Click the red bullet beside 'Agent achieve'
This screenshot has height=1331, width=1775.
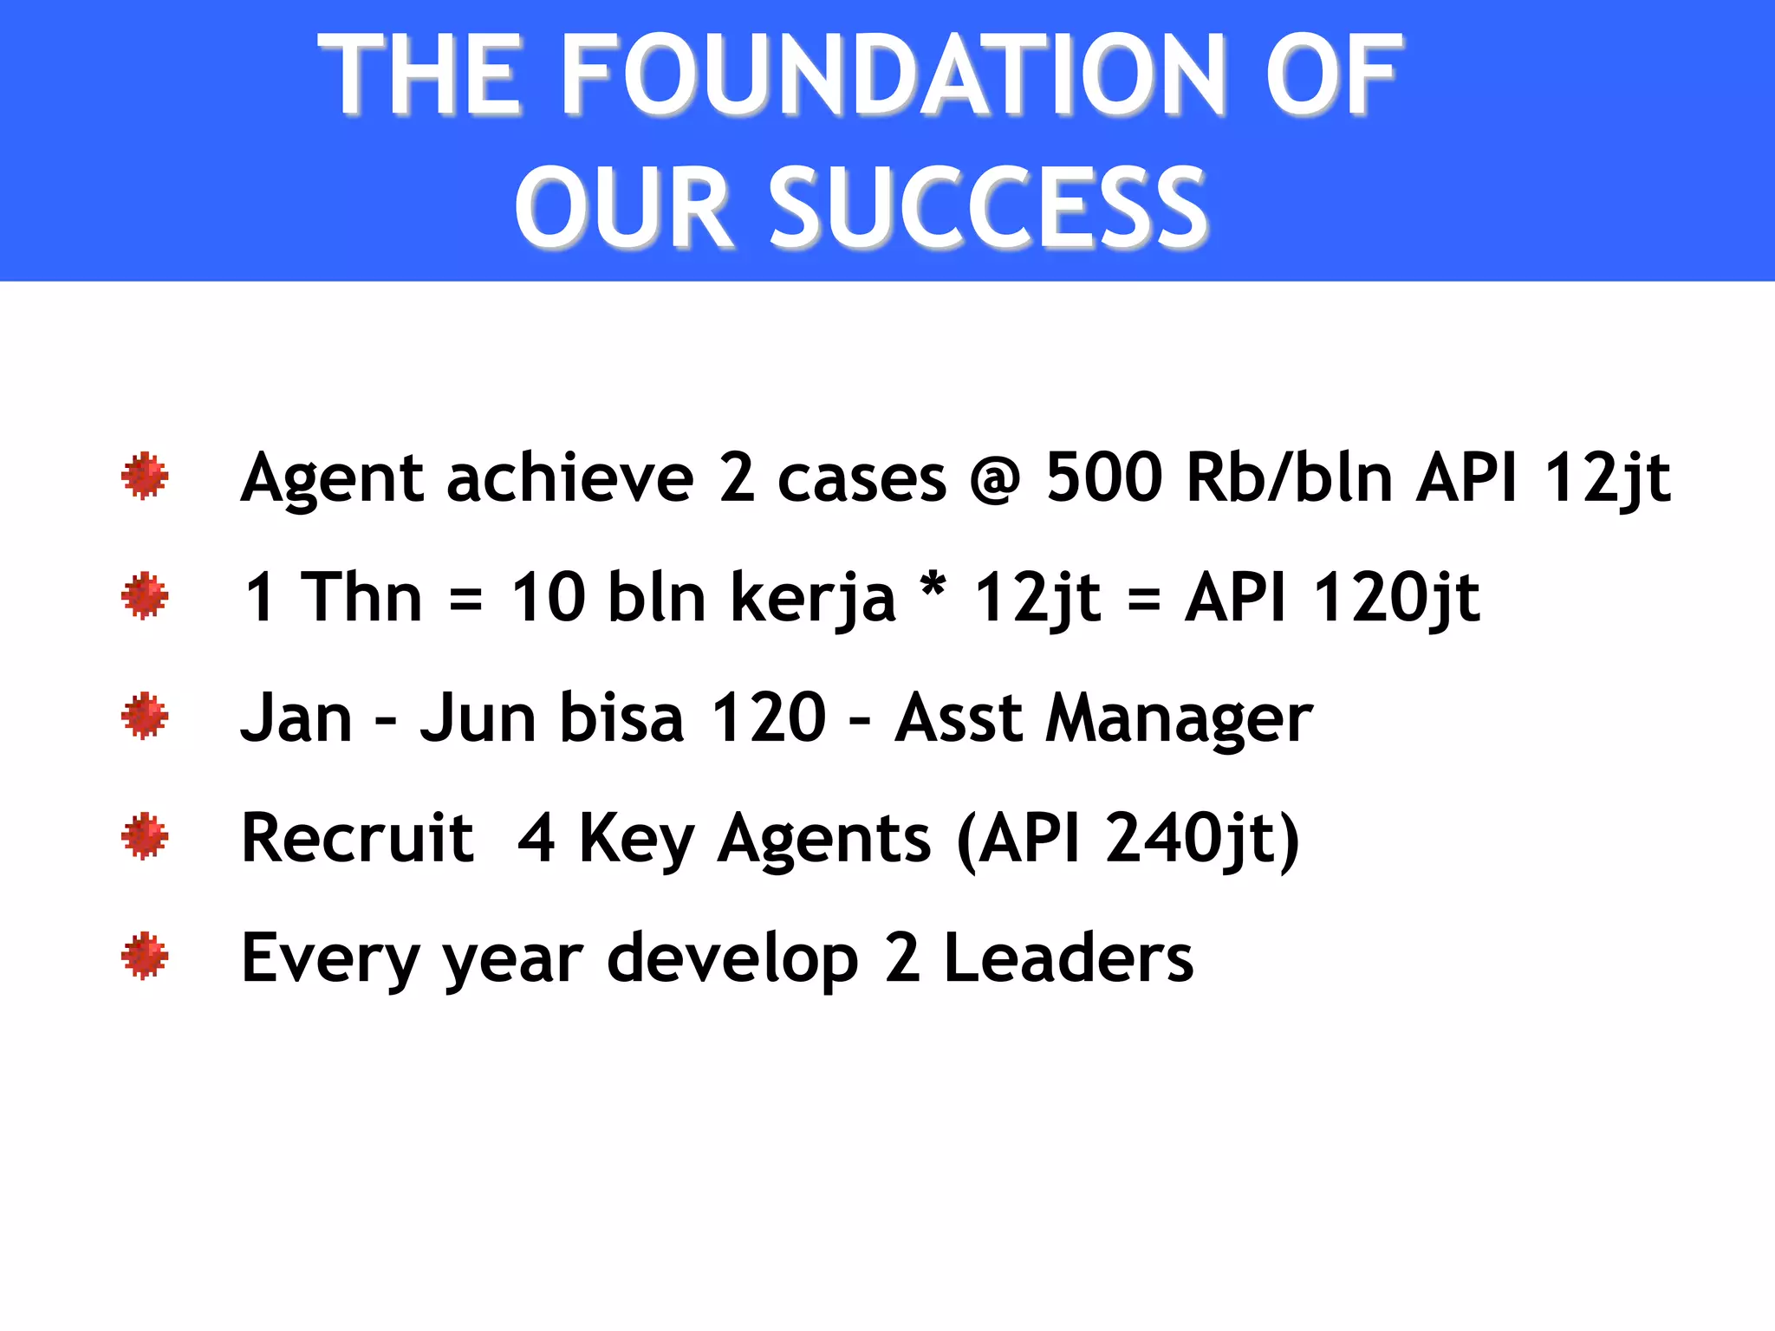click(x=145, y=476)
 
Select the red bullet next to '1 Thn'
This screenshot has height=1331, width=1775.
click(x=145, y=596)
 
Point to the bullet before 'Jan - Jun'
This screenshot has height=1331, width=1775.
click(x=145, y=716)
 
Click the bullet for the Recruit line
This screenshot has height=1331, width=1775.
click(x=145, y=836)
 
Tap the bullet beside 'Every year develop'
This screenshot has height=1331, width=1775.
click(x=145, y=957)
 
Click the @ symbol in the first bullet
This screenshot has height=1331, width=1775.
click(x=996, y=479)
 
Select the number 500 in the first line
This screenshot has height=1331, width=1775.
click(x=1103, y=477)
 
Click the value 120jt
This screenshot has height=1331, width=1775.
click(x=1396, y=598)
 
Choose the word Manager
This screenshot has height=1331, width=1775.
click(x=1179, y=719)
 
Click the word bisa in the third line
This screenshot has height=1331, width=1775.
click(x=621, y=717)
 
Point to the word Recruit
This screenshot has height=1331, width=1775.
click(x=357, y=838)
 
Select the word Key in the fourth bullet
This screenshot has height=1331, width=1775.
click(x=636, y=840)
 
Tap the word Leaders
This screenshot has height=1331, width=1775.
click(x=1068, y=958)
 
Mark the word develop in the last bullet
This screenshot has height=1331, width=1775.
click(x=732, y=960)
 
